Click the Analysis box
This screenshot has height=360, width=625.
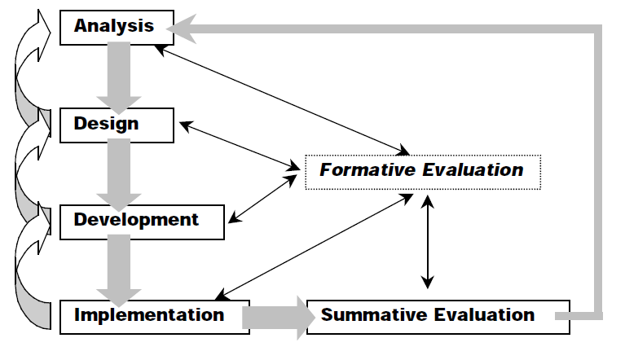pyautogui.click(x=114, y=26)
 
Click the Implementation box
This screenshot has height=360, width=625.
pyautogui.click(x=152, y=315)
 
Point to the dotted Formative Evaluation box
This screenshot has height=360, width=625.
pyautogui.click(x=421, y=171)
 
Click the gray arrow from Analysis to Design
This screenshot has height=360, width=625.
pyautogui.click(x=118, y=77)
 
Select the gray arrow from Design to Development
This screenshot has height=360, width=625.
pyautogui.click(x=118, y=173)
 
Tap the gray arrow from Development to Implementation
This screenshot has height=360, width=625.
pyautogui.click(x=118, y=268)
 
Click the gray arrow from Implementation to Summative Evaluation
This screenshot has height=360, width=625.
pyautogui.click(x=277, y=316)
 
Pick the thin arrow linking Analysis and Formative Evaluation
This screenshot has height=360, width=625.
pyautogui.click(x=281, y=98)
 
